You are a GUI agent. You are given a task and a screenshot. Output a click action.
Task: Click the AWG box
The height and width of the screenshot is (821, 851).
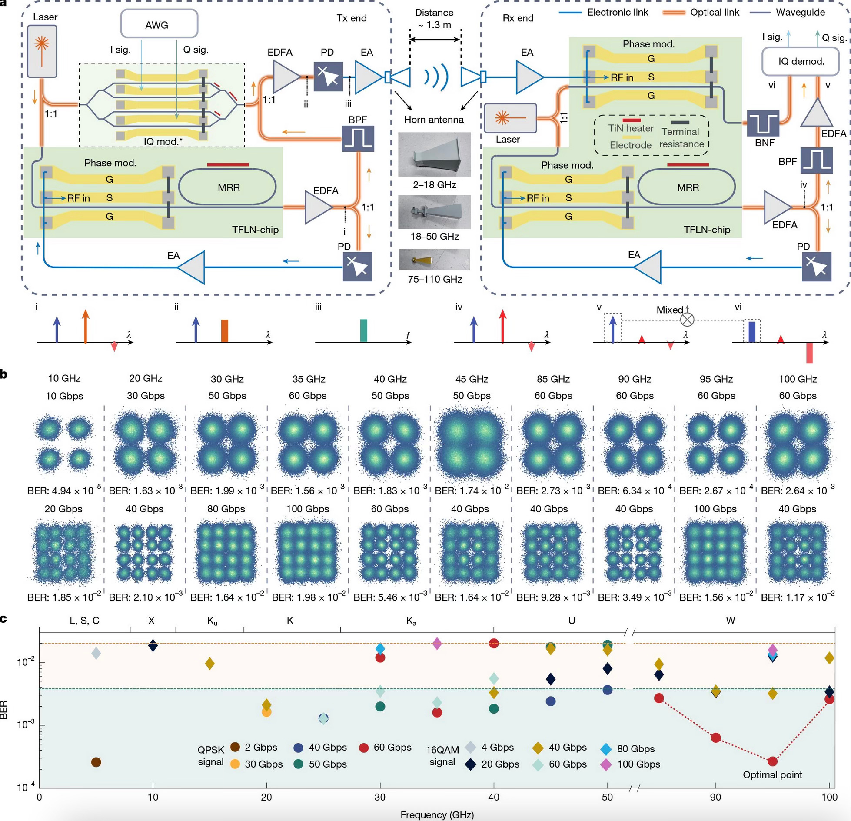159,24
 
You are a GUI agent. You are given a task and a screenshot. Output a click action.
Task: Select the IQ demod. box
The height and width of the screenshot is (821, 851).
801,61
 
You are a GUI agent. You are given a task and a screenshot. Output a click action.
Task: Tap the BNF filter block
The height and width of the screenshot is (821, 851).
763,123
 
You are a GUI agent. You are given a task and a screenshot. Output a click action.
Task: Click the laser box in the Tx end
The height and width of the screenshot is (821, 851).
42,50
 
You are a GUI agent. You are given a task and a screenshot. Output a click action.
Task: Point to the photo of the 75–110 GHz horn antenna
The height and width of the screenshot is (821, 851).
434,260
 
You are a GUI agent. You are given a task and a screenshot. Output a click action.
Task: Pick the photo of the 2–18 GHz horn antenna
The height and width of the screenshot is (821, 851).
434,154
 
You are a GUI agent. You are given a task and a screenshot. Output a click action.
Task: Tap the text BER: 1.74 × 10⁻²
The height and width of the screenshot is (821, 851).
472,491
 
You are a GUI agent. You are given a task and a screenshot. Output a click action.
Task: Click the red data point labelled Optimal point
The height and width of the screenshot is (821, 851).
772,761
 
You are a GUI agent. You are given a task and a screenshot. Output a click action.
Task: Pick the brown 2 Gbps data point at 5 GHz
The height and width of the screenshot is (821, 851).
96,762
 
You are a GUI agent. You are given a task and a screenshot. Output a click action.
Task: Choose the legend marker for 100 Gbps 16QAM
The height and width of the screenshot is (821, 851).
606,764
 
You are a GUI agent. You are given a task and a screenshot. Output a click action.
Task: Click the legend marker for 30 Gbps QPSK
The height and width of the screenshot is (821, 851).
235,764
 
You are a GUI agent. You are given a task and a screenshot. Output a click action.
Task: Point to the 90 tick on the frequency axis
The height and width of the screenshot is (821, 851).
715,797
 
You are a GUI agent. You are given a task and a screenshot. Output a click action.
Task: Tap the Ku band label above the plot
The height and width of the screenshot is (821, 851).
212,621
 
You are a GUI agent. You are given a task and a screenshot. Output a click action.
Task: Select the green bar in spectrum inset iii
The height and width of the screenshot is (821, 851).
364,330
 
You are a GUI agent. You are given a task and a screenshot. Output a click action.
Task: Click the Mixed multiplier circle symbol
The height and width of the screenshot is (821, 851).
687,320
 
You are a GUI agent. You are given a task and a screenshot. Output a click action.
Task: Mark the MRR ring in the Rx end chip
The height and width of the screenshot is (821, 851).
687,188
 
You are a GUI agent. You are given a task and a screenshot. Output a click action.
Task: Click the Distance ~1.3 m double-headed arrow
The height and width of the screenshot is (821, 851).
435,40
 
